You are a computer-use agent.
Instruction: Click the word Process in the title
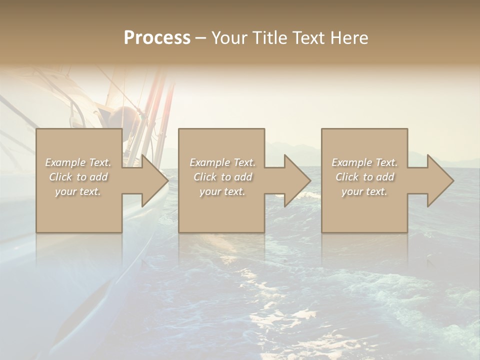click(157, 38)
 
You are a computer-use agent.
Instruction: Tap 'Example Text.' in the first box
click(78, 162)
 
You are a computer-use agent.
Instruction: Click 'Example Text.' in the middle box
click(222, 162)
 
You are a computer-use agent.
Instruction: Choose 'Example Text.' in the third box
click(364, 162)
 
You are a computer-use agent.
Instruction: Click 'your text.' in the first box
click(78, 191)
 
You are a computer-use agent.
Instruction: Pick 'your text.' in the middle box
click(222, 191)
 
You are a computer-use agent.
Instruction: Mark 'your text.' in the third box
click(364, 191)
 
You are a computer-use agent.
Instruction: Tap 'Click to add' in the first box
click(78, 177)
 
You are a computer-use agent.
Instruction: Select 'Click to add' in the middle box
click(222, 177)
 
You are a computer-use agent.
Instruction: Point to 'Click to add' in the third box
click(364, 177)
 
